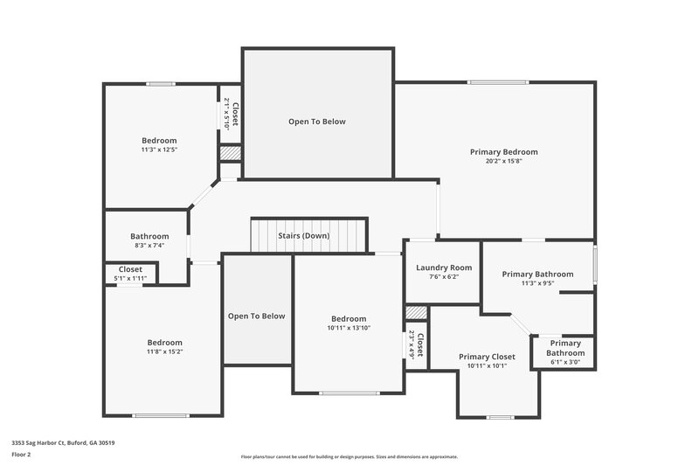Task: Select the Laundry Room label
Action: coord(444,268)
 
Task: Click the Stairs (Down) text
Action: coord(303,236)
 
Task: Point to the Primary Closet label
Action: coord(487,357)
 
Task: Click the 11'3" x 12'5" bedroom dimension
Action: coord(159,150)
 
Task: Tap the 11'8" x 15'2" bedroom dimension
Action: coord(164,351)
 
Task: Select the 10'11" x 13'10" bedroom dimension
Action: coord(349,328)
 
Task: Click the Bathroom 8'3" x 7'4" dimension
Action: coord(149,246)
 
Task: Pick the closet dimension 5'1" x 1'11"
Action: coord(130,278)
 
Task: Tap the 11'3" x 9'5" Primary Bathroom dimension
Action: coord(537,283)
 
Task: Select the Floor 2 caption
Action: coord(21,455)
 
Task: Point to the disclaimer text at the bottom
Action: coord(349,456)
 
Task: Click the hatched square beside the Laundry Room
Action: coord(417,312)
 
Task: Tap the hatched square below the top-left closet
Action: coord(229,152)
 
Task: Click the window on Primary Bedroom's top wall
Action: coord(497,82)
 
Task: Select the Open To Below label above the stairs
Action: coord(317,122)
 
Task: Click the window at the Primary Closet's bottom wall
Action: coord(500,417)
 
